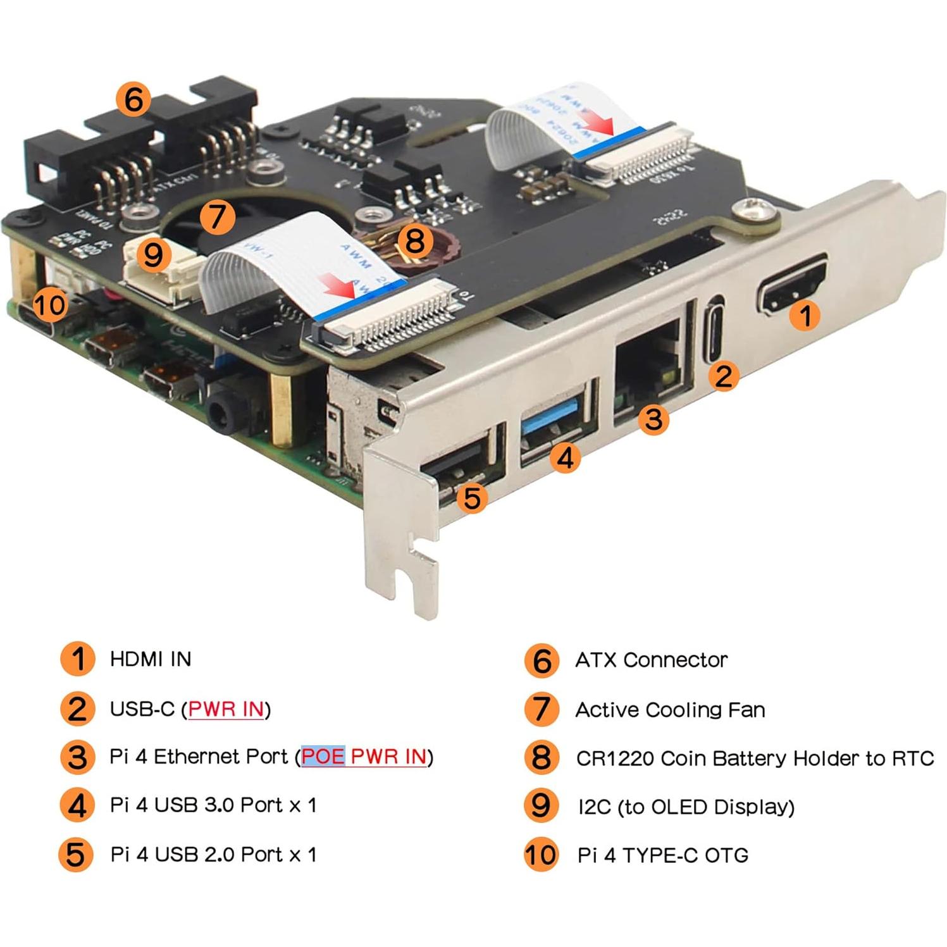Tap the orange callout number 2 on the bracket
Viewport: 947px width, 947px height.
coord(724,376)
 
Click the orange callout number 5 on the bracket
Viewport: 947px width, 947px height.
coord(472,498)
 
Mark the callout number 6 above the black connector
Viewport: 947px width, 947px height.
coord(133,99)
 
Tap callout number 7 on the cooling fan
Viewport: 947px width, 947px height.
coord(217,216)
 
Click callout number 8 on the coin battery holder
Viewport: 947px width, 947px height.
coord(415,240)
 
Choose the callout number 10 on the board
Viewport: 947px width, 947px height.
coord(49,305)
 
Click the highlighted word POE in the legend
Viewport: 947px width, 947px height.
coord(323,757)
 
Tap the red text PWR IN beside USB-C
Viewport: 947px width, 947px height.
coord(226,709)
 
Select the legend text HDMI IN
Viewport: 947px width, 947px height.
coord(151,659)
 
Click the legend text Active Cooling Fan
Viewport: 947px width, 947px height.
coord(670,710)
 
